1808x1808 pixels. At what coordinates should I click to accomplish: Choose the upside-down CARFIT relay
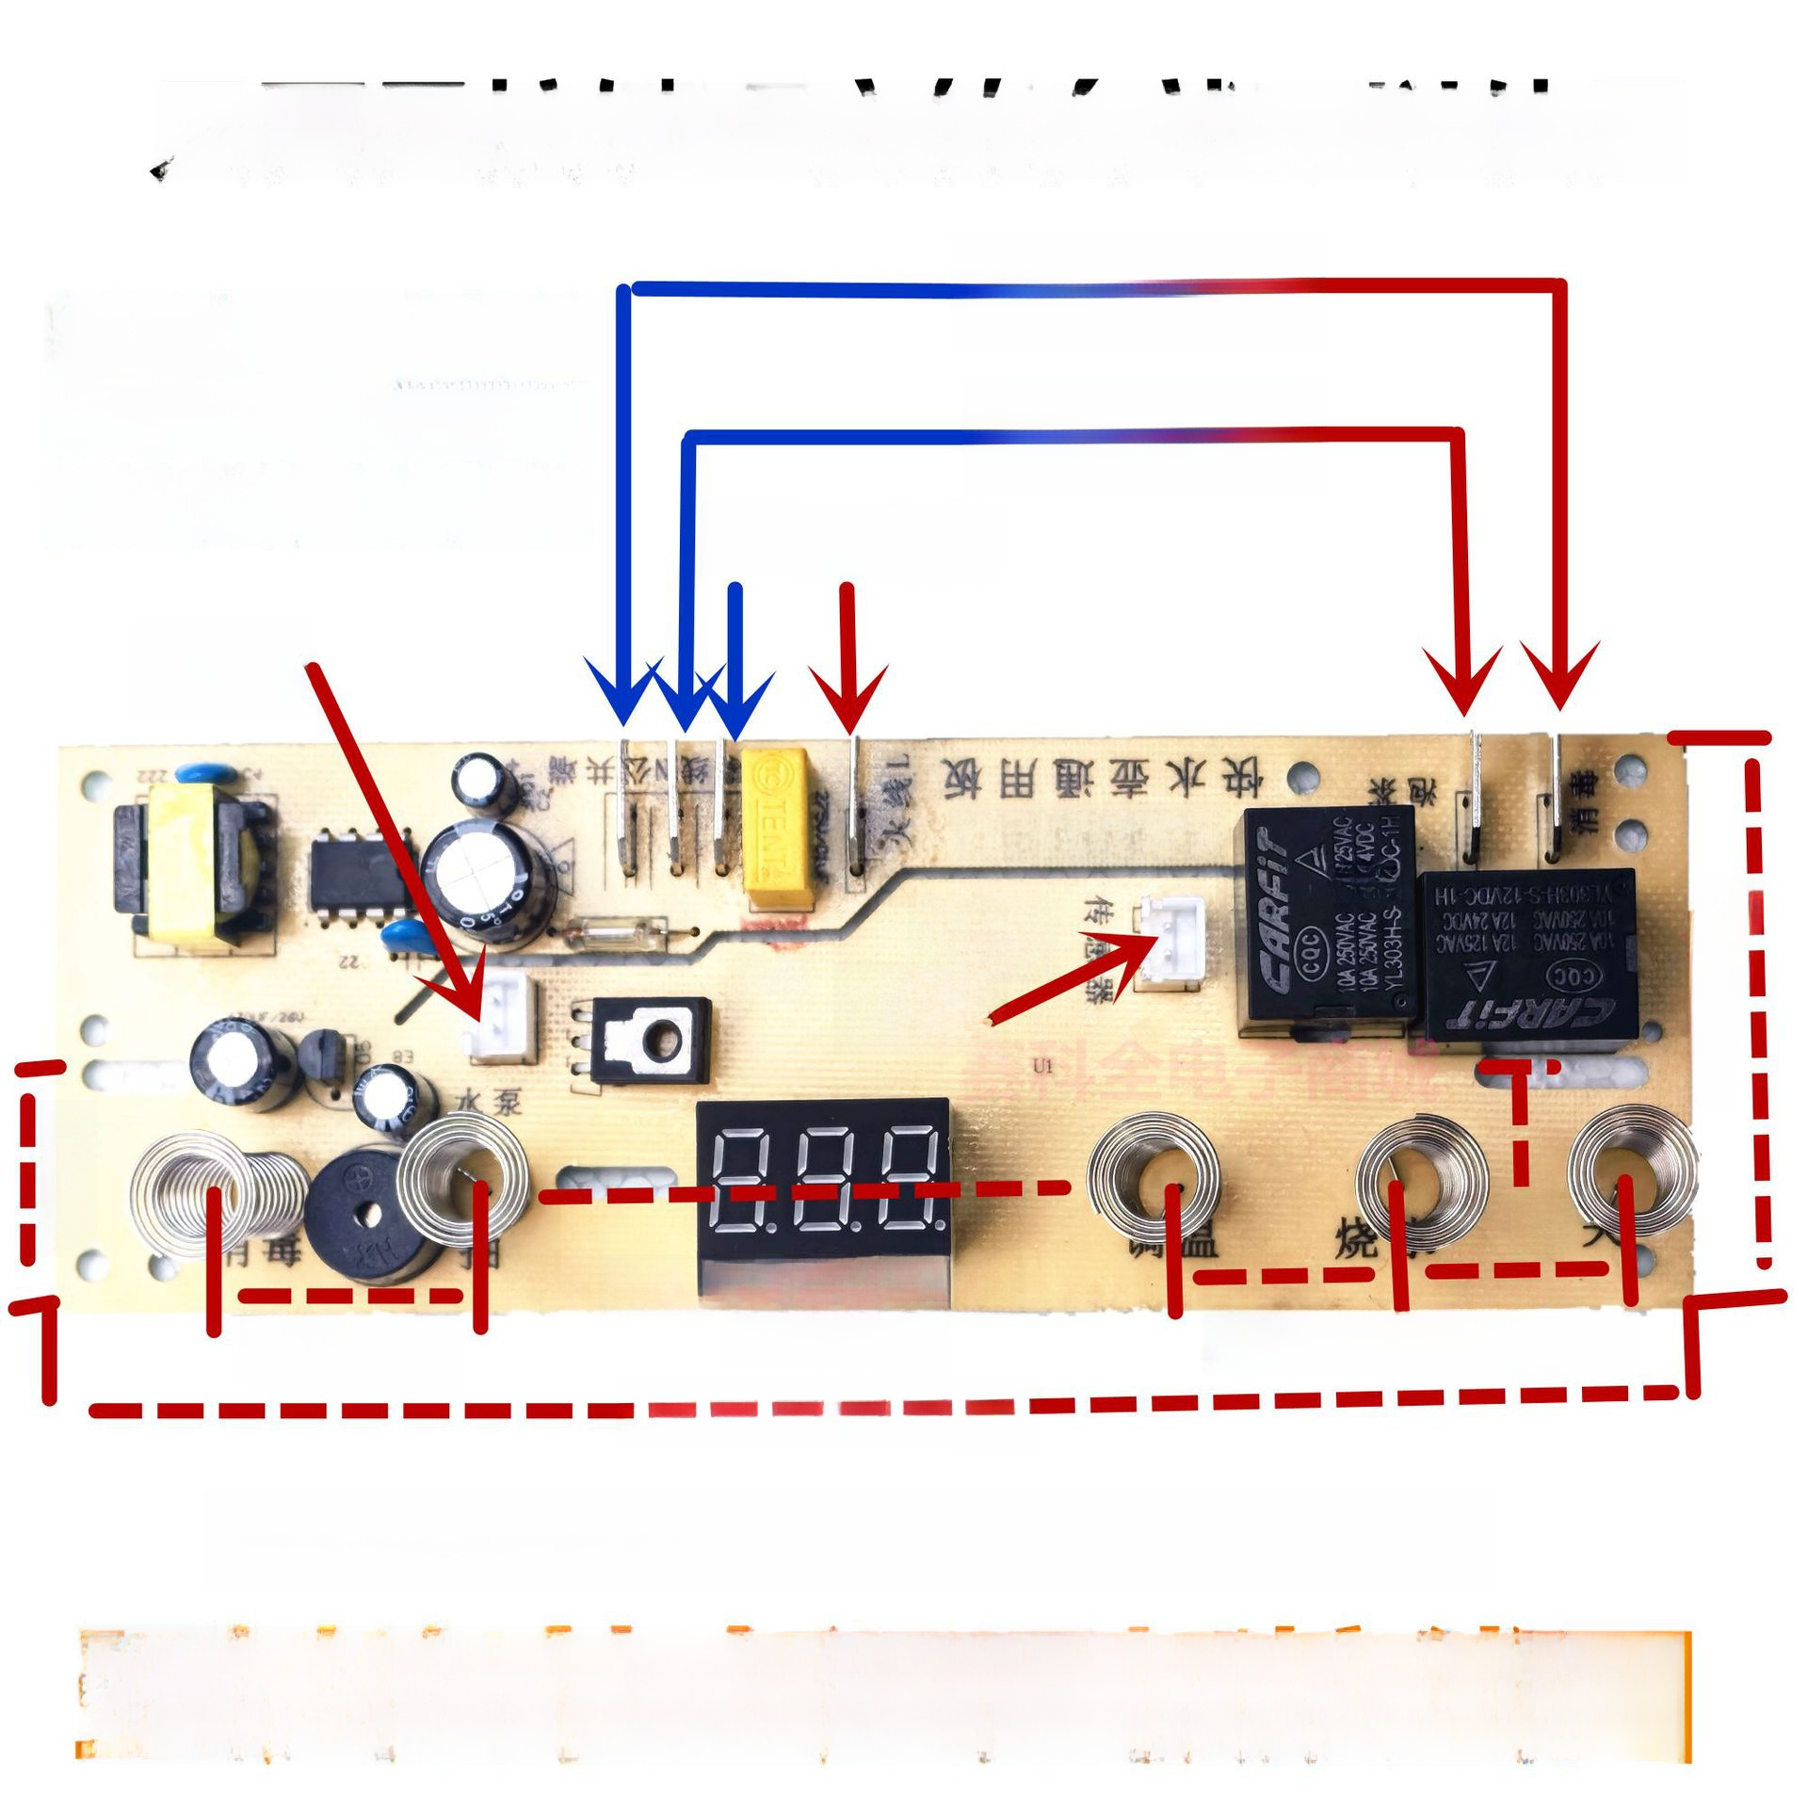[x=1525, y=956]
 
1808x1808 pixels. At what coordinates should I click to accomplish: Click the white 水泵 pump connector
[x=499, y=1021]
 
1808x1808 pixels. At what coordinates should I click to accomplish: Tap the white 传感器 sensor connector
[x=1169, y=941]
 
